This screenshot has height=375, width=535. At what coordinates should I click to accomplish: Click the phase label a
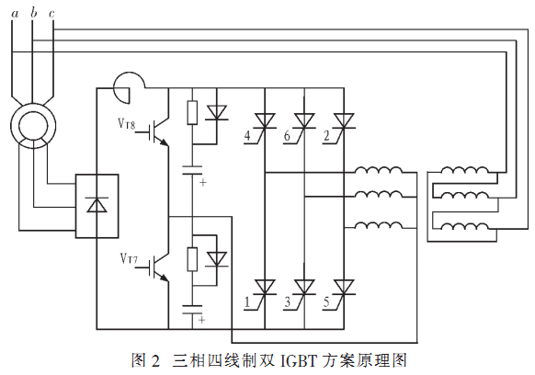click(x=15, y=14)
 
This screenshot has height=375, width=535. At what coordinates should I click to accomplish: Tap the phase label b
click(x=33, y=12)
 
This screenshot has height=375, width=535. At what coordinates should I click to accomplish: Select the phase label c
click(x=51, y=14)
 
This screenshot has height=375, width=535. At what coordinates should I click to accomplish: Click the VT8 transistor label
click(x=127, y=123)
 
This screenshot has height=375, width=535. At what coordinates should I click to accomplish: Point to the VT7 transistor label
click(x=129, y=258)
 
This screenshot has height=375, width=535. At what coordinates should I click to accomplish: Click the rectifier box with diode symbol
click(x=97, y=206)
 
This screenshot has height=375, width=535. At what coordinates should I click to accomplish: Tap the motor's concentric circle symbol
click(x=33, y=126)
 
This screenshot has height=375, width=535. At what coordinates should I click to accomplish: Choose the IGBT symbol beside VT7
click(x=159, y=267)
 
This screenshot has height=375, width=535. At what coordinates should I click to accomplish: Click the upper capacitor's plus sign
click(x=203, y=183)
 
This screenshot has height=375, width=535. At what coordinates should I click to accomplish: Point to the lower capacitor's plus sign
click(x=201, y=320)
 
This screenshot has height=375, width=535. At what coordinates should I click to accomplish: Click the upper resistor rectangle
click(x=192, y=112)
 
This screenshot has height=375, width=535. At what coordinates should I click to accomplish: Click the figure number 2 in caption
click(x=155, y=361)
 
